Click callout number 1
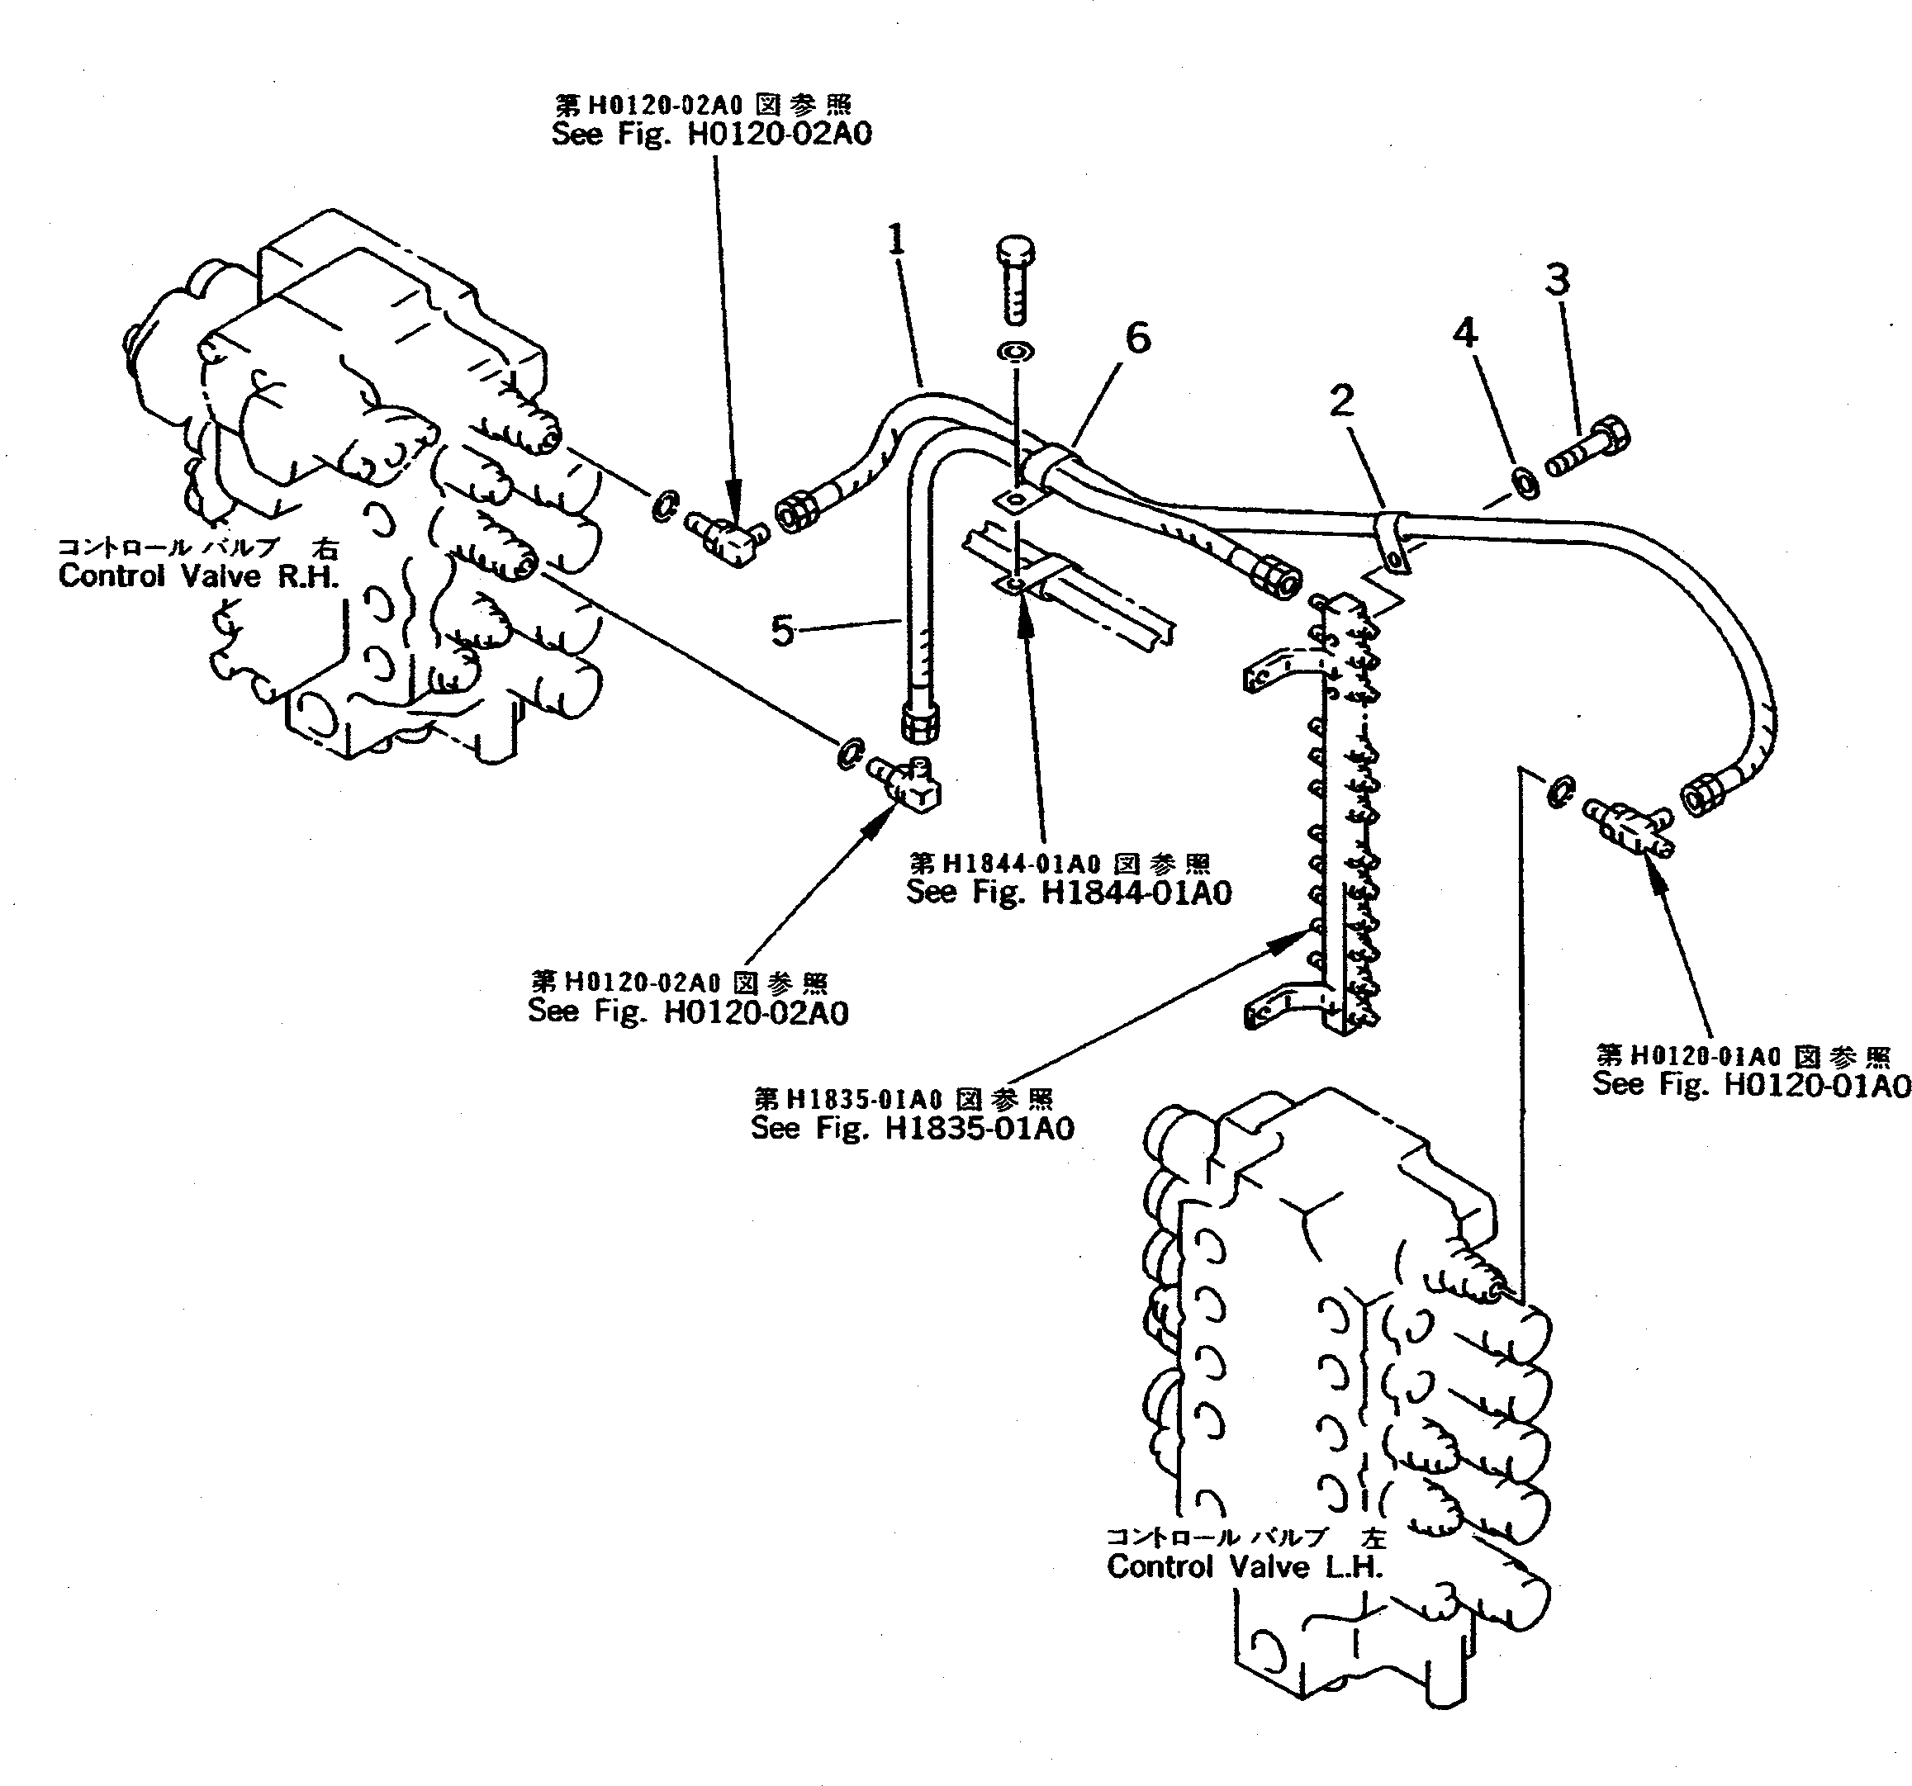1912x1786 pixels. point(896,239)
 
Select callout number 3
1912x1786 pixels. point(1557,280)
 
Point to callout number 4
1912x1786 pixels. point(1464,333)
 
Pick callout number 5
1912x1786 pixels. point(783,632)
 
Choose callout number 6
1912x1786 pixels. point(1138,338)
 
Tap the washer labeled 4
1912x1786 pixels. point(1525,483)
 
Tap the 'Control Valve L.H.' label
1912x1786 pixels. point(1245,1566)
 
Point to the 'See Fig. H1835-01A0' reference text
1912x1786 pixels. point(912,1128)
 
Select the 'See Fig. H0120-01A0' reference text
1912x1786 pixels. point(1750,1085)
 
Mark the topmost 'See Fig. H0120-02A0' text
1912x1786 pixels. point(712,134)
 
